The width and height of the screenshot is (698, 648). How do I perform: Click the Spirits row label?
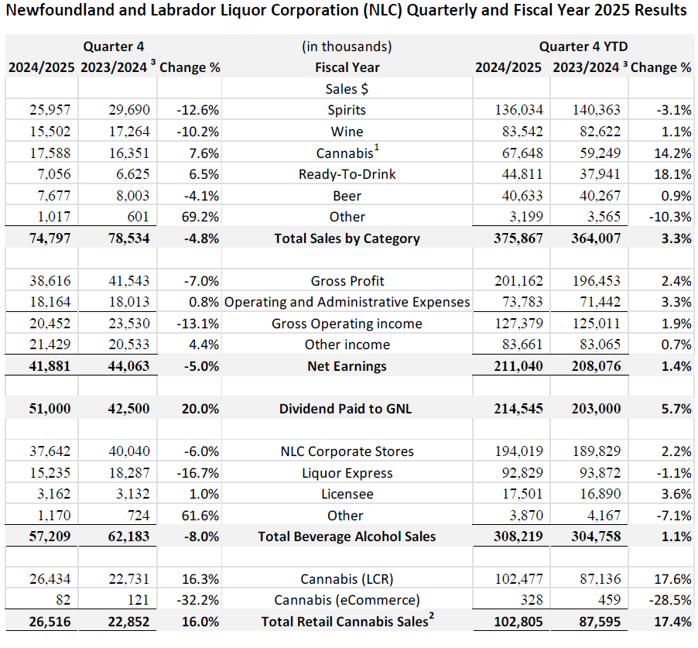coord(347,110)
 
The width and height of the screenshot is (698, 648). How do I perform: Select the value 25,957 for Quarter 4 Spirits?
coord(50,110)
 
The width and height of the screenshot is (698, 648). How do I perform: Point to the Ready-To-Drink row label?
coord(347,174)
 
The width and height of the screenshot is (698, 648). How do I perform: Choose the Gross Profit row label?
coord(347,281)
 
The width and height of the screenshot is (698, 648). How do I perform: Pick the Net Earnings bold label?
coord(347,366)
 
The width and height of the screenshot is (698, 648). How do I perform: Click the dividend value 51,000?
coord(50,409)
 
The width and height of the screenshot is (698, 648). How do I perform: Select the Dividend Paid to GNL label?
coord(347,409)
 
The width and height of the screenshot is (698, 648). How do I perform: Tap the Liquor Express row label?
coord(347,473)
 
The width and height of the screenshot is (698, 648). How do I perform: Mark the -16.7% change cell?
coord(197,473)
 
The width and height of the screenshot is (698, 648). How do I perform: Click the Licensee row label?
coord(347,494)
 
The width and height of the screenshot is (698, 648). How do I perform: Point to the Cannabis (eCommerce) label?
coord(347,601)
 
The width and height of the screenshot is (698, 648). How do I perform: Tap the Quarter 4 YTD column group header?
coord(583,46)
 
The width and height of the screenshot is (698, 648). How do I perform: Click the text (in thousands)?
coord(347,46)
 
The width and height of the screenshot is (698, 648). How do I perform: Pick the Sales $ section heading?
coord(347,89)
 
